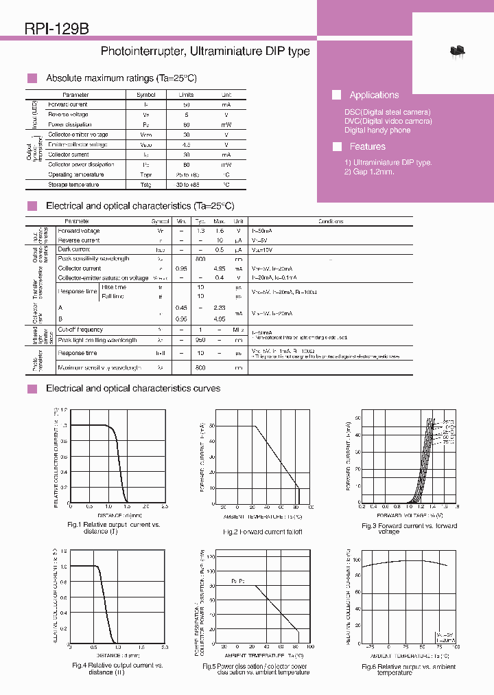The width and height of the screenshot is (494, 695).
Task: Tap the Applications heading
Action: [x=374, y=95]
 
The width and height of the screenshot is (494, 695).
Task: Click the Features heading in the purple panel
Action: [x=367, y=146]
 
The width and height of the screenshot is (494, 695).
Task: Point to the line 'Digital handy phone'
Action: [x=377, y=130]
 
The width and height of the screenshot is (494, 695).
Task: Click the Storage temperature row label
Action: [x=73, y=185]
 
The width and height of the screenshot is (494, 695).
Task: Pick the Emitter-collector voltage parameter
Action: [x=78, y=145]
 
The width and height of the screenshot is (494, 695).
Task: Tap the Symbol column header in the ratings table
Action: [x=146, y=95]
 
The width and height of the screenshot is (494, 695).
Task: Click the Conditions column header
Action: [x=331, y=221]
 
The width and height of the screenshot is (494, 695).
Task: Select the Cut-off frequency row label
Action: [x=80, y=330]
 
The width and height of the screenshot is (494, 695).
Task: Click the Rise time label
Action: [x=113, y=287]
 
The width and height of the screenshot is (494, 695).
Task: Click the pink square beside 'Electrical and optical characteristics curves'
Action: [x=32, y=389]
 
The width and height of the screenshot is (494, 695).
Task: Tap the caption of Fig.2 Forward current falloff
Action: [x=262, y=532]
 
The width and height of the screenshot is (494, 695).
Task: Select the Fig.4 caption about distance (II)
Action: [x=117, y=669]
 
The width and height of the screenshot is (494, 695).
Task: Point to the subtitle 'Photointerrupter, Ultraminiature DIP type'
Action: [x=205, y=52]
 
